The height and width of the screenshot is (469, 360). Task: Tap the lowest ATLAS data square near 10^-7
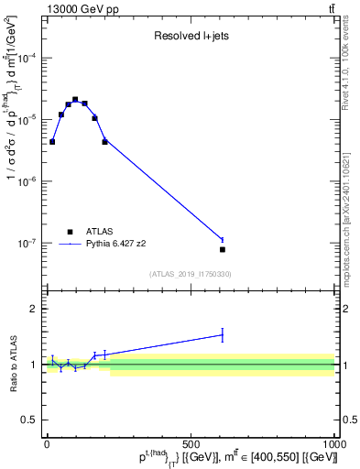tap(223, 249)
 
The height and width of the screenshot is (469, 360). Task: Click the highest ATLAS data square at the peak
tap(75, 99)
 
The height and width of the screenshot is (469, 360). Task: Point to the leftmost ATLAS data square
tap(52, 142)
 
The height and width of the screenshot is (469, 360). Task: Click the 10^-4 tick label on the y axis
tap(28, 58)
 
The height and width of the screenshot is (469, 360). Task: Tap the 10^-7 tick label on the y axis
tap(28, 244)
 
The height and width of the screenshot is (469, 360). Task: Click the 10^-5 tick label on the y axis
tap(28, 120)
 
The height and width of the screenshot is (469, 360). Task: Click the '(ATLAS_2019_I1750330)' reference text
tap(191, 274)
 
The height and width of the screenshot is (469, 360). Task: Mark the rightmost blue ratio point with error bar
tap(223, 335)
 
